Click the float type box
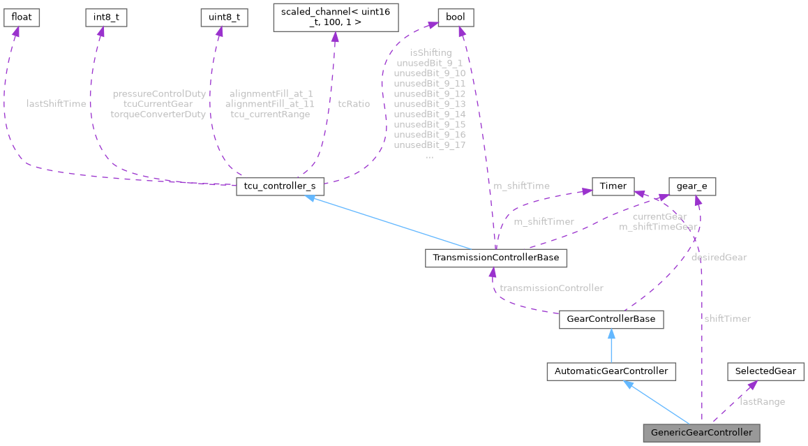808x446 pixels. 22,17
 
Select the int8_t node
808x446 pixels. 106,17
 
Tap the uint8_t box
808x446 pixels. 223,17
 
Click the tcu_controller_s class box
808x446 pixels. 280,187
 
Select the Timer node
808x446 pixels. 613,186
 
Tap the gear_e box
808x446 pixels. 692,186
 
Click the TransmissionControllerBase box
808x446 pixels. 495,258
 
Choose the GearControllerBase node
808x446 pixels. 611,320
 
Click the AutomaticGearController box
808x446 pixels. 611,371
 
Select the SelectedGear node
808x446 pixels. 765,371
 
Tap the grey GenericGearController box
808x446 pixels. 701,432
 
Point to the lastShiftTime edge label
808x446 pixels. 56,103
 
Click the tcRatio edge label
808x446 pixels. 354,103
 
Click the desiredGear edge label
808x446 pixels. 719,257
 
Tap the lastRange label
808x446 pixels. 762,401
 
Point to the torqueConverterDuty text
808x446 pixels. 158,114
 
